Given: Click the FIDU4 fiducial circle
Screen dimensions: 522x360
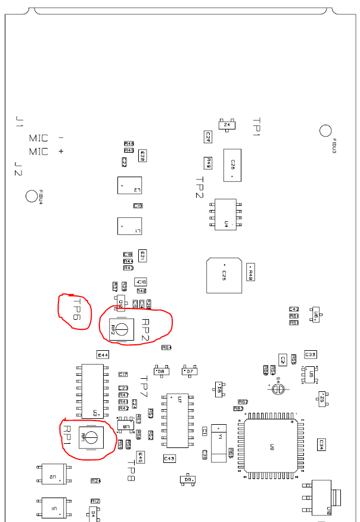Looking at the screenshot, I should pyautogui.click(x=32, y=195).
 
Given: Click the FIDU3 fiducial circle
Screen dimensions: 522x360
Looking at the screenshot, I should pyautogui.click(x=325, y=131).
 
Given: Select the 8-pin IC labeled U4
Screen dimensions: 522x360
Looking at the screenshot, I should pyautogui.click(x=226, y=214).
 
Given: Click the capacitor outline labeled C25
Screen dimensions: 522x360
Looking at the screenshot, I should pyautogui.click(x=224, y=275).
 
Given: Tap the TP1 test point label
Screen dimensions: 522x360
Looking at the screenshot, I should pyautogui.click(x=256, y=127).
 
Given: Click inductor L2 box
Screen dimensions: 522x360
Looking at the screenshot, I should pyautogui.click(x=129, y=186).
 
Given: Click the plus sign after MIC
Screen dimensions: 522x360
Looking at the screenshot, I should pyautogui.click(x=61, y=152).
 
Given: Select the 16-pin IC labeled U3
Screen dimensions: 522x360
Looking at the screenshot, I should pyautogui.click(x=93, y=391).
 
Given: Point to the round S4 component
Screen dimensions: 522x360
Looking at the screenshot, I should pyautogui.click(x=278, y=389).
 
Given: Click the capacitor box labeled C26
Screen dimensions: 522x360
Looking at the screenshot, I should pyautogui.click(x=232, y=165).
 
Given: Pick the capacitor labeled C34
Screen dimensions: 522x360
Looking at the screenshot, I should pyautogui.click(x=321, y=444).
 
